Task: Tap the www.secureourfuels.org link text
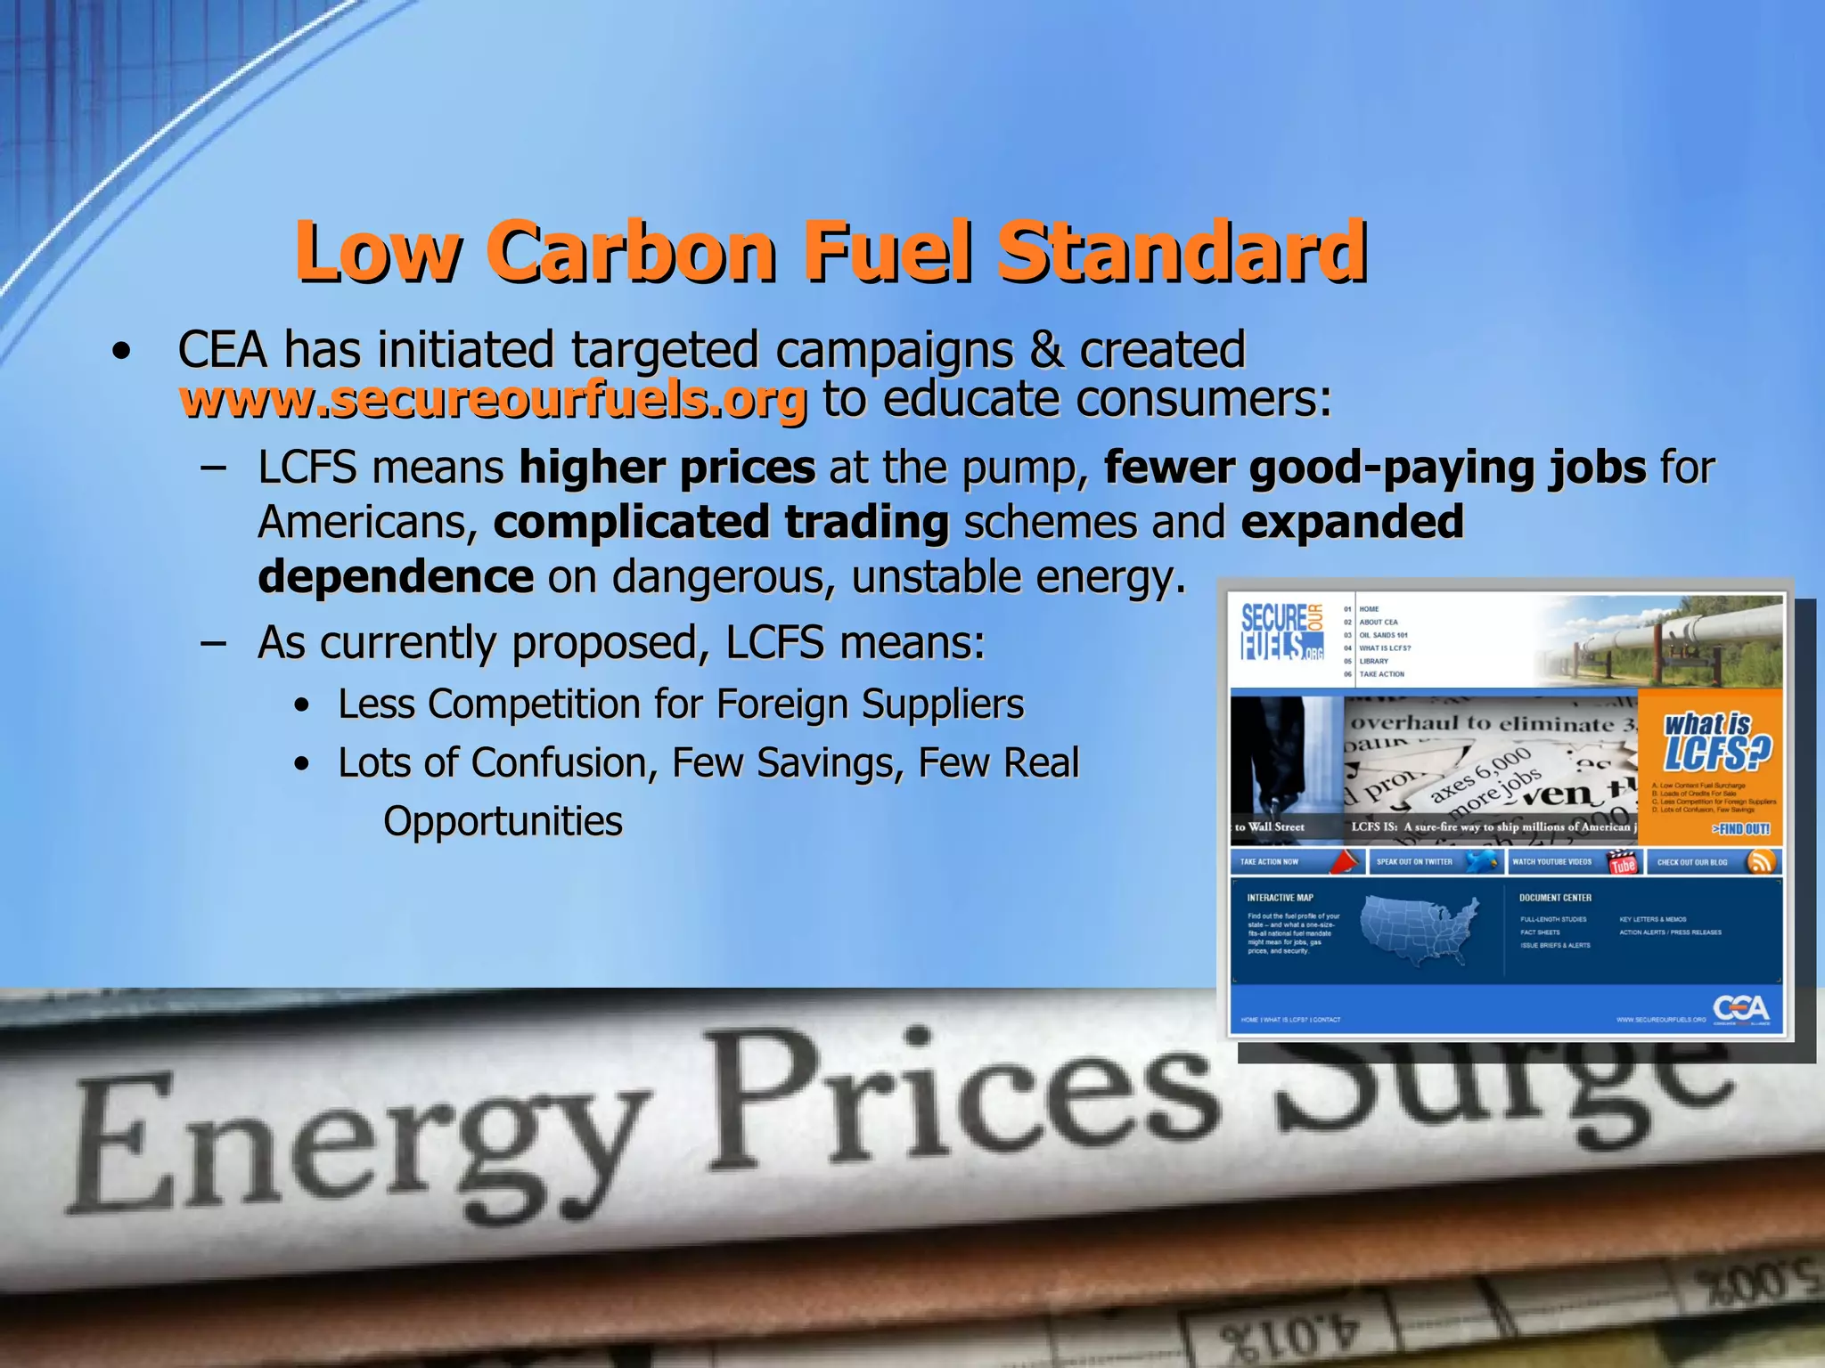coord(493,400)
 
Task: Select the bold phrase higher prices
coord(667,468)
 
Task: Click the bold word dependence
coord(396,577)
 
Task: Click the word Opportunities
coord(503,821)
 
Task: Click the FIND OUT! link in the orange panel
coord(1740,829)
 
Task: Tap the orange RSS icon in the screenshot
coord(1760,861)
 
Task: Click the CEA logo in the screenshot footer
coord(1740,1010)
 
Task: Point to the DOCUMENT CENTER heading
coord(1555,898)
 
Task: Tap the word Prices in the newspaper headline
coord(962,1104)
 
